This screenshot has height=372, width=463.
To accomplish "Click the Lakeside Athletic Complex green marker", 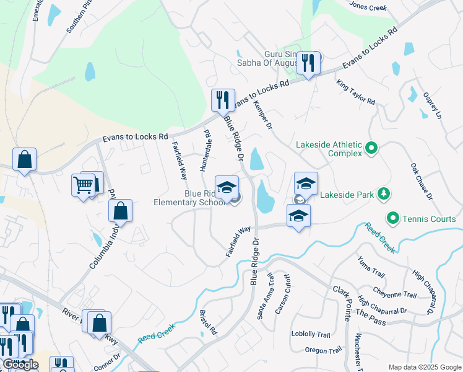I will [371, 148].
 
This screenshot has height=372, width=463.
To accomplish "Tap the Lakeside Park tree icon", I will [384, 194].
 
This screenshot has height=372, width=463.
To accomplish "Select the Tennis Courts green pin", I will [392, 218].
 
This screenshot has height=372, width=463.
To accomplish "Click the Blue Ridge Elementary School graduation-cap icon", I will [227, 187].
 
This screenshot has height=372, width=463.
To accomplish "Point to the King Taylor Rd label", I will [356, 92].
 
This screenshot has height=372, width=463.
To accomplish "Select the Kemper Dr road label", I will [263, 116].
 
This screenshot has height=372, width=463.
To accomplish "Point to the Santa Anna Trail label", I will [264, 298].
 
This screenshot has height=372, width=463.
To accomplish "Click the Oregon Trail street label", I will [323, 350].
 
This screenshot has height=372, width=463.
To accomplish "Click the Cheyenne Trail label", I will [395, 293].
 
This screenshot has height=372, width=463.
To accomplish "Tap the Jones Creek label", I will [368, 7].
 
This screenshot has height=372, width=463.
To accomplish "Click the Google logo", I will [20, 365].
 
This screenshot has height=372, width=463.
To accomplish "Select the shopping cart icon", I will [83, 184].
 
